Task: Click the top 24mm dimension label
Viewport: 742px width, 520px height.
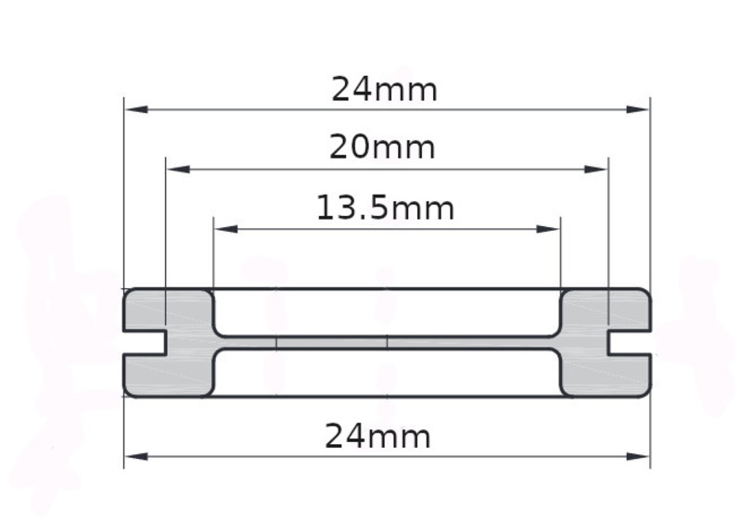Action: pyautogui.click(x=384, y=89)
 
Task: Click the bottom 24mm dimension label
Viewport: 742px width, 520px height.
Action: pyautogui.click(x=377, y=437)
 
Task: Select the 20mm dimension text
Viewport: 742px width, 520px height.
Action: pyautogui.click(x=382, y=147)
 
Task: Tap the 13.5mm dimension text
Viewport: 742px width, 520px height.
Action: pyautogui.click(x=385, y=208)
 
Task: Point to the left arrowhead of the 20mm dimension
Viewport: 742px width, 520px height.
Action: pyautogui.click(x=179, y=170)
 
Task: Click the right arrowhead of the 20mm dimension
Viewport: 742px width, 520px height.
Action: pyautogui.click(x=595, y=170)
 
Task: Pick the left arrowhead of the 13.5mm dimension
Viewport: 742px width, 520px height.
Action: pyautogui.click(x=226, y=229)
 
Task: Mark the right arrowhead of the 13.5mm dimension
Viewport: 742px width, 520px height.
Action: pyautogui.click(x=547, y=229)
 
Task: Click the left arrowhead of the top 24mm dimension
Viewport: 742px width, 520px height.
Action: pyautogui.click(x=136, y=109)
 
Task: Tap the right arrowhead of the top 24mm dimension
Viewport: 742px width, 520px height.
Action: pyautogui.click(x=637, y=109)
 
